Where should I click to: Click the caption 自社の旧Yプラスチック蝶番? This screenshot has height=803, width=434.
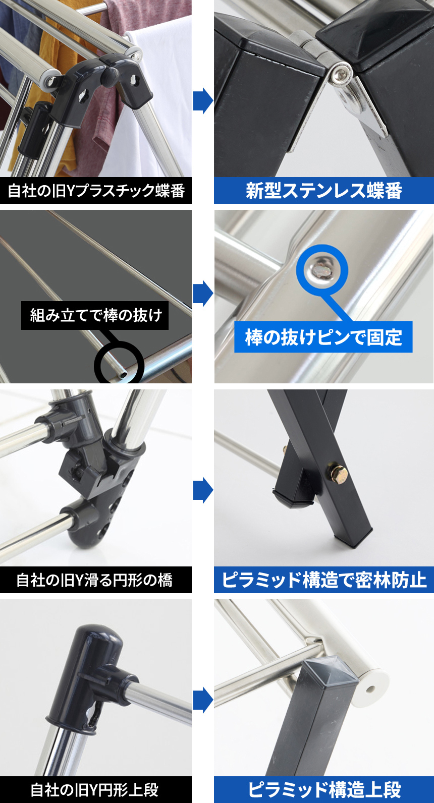96,190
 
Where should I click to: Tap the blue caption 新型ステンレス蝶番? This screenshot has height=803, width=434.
324,190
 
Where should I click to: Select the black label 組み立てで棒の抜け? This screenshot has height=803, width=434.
95,315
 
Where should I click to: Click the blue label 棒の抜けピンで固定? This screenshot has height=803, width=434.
323,337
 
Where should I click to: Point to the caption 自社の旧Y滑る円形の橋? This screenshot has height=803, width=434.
94,580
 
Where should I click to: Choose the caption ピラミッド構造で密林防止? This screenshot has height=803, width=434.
324,580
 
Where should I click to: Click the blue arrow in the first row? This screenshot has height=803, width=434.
203,101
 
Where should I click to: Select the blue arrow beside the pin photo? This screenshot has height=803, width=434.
203,294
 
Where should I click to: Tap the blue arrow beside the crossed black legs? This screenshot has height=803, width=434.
203,490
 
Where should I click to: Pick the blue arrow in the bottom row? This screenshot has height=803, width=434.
203,700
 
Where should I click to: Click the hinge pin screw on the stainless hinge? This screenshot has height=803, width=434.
340,74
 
